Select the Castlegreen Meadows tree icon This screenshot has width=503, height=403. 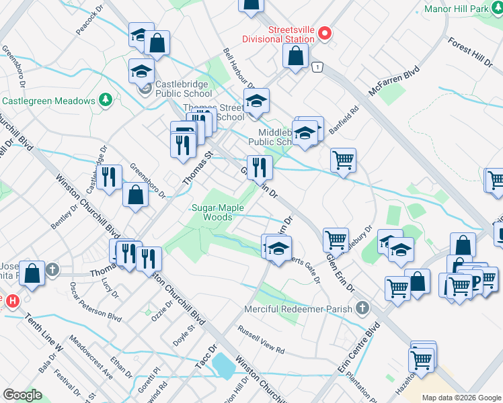[x=105, y=100]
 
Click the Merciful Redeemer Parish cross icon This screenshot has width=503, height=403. [x=362, y=308]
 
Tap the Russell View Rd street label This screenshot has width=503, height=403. [x=261, y=341]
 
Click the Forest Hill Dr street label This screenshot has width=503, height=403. [x=470, y=51]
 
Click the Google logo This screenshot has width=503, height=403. [x=22, y=395]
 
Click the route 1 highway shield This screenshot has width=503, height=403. [x=315, y=66]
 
